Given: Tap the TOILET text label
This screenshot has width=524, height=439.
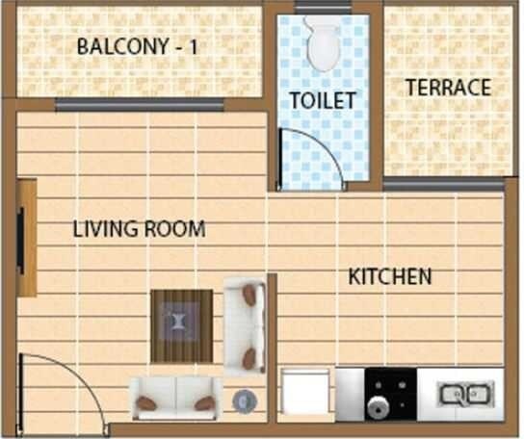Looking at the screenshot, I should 323,100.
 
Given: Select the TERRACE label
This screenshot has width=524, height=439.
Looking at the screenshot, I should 448,88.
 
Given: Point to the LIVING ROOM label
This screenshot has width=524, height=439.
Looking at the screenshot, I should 139,229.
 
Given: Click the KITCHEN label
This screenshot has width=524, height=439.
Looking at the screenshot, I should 390,277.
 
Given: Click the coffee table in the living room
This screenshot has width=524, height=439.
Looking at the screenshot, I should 181,324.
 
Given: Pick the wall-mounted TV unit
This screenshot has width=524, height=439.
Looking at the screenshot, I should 25,237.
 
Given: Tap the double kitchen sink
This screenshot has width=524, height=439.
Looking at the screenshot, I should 466,393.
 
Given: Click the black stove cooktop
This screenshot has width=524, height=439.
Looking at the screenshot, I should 390,393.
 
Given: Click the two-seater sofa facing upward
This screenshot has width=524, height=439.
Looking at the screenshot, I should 174,399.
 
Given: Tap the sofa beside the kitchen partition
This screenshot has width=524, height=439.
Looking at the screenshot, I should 245,325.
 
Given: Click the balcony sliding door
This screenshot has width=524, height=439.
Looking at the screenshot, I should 140,104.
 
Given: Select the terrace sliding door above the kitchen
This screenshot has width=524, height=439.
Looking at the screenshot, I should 443,183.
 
